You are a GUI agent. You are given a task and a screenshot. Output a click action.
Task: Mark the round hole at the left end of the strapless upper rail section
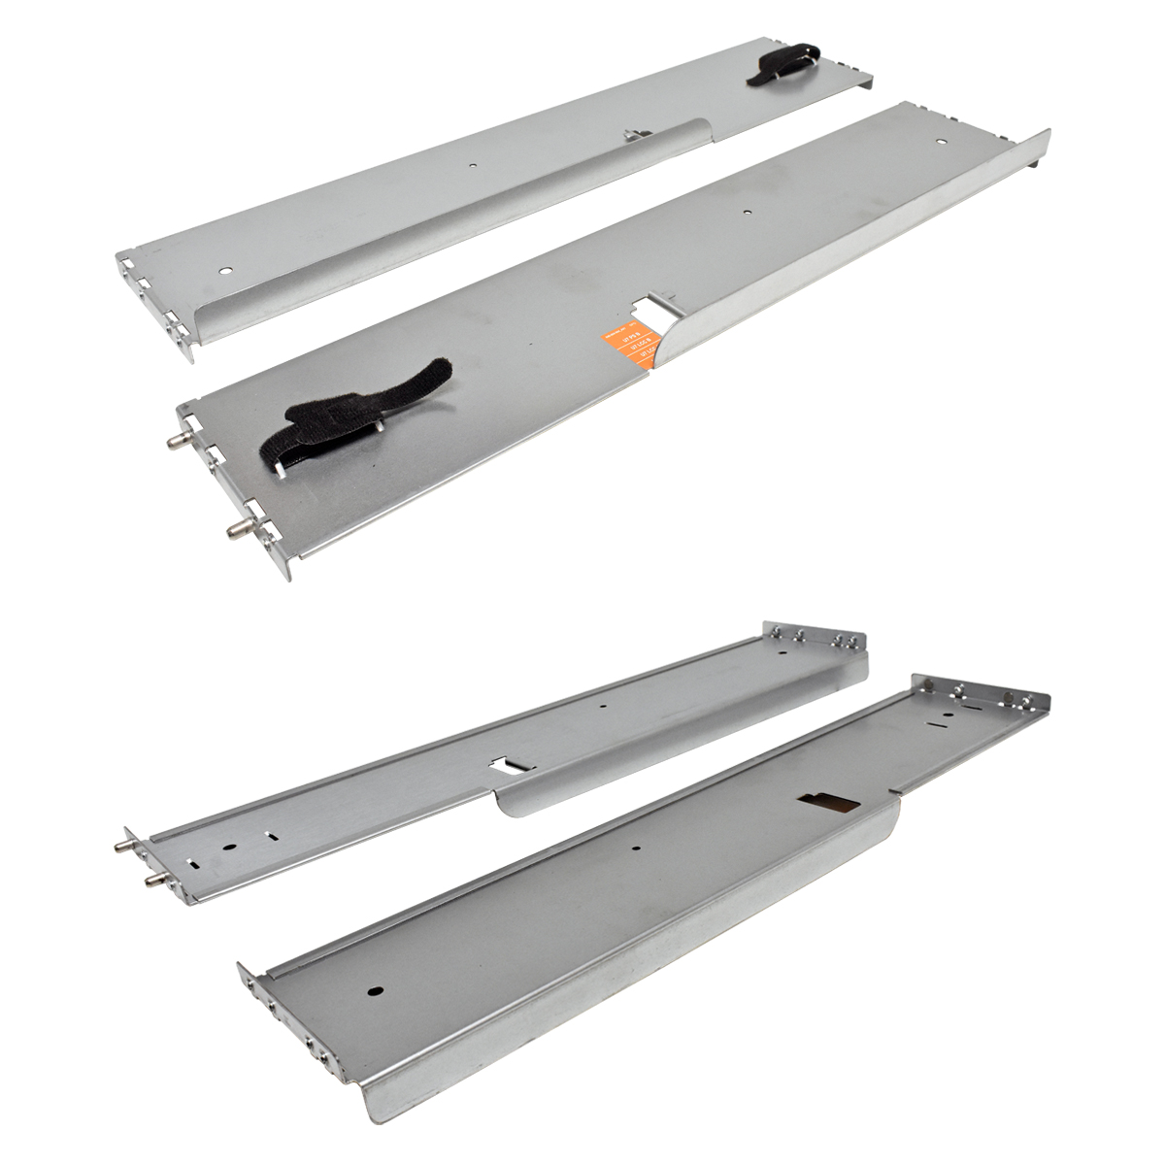pos(226,271)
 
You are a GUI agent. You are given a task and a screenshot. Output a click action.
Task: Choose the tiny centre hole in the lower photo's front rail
pos(637,847)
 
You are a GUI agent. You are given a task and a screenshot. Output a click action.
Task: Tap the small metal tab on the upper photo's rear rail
pos(631,135)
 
